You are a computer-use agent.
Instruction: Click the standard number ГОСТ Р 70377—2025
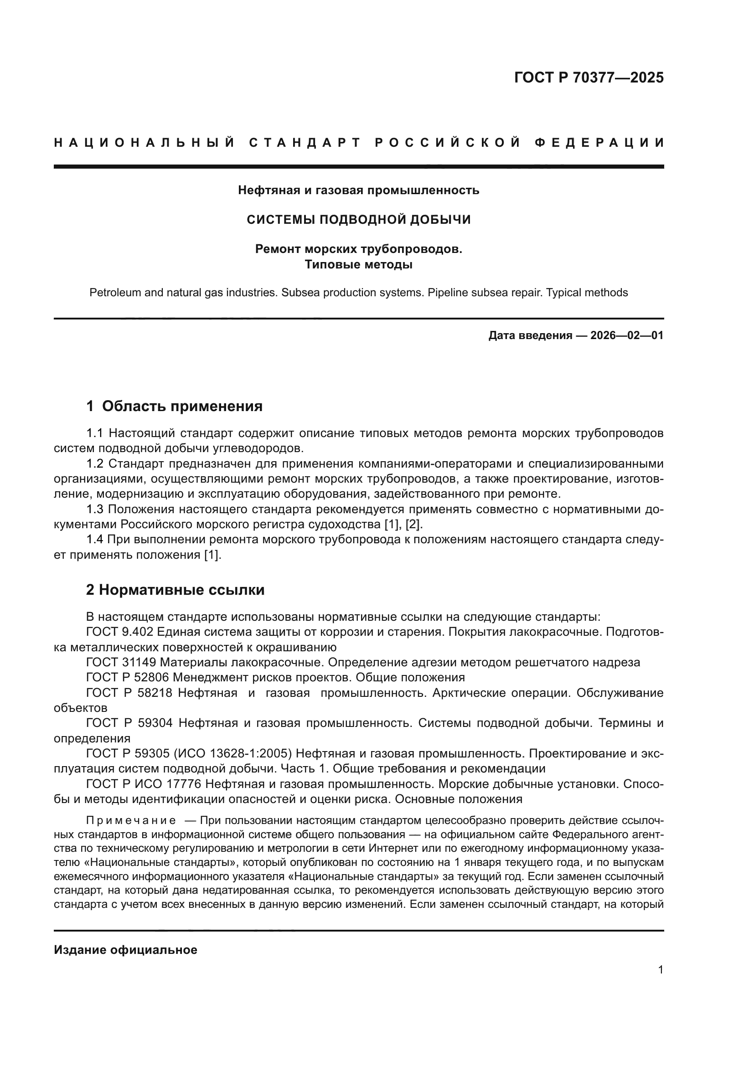[x=589, y=77]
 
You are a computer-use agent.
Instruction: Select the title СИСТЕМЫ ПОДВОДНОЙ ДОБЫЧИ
[x=358, y=220]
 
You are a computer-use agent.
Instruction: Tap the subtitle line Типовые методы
[x=358, y=265]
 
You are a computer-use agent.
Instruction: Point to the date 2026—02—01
[x=627, y=336]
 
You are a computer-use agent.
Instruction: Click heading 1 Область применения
[x=175, y=406]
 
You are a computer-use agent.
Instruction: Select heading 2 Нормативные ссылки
[x=176, y=590]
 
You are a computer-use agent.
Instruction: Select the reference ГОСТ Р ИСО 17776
[x=144, y=784]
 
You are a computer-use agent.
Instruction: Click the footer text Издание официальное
[x=125, y=950]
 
